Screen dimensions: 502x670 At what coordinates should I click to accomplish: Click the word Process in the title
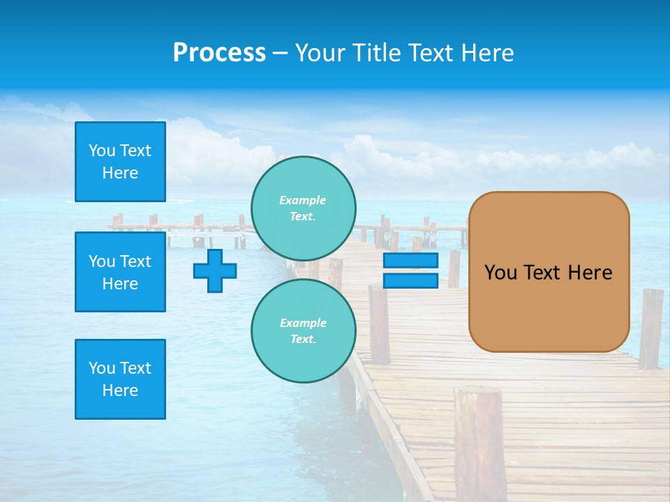point(219,53)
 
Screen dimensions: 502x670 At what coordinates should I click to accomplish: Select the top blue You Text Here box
point(120,162)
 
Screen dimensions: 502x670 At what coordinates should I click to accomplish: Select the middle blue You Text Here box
point(120,272)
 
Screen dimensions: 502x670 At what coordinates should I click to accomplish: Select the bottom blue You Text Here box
point(120,379)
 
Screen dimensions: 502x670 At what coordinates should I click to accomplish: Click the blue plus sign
point(215,271)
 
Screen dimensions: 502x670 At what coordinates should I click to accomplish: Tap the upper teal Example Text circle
point(303,208)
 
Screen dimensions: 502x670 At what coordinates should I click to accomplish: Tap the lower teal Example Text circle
point(303,331)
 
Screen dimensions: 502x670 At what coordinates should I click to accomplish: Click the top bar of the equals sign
point(410,261)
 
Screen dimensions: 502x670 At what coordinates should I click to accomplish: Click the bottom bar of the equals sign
point(410,281)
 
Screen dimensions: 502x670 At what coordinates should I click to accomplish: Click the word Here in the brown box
point(590,273)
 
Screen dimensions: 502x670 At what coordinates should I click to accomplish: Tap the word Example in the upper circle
point(303,200)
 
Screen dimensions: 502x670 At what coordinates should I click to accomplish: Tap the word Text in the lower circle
point(303,340)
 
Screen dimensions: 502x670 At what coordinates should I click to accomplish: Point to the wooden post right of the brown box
point(650,328)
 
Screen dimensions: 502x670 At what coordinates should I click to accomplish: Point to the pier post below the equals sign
point(379,324)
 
